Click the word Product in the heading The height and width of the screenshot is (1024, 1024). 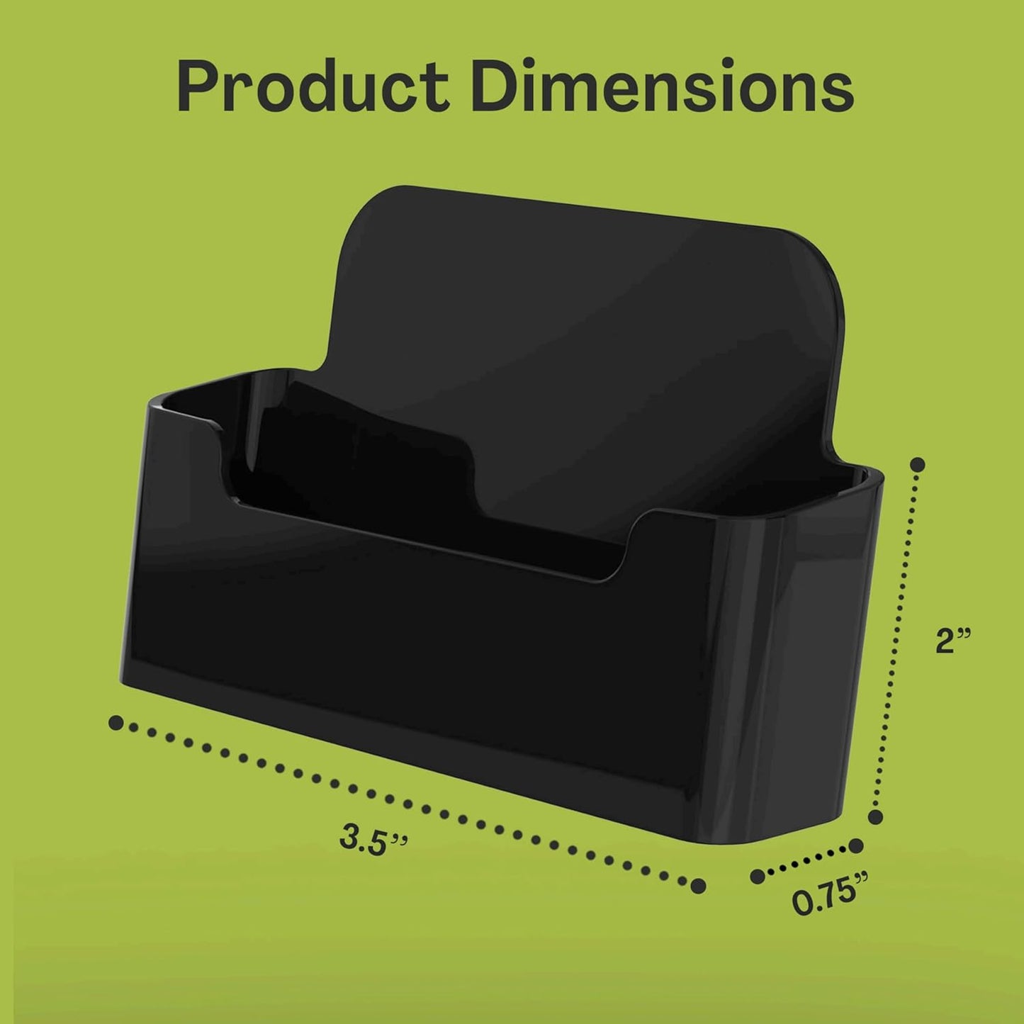pos(313,89)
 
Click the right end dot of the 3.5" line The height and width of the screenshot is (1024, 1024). pos(698,884)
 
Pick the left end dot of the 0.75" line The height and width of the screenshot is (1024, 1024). pos(758,876)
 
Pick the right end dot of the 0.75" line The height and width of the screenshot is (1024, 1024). pos(856,845)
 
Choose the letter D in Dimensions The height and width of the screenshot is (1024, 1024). pos(497,89)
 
